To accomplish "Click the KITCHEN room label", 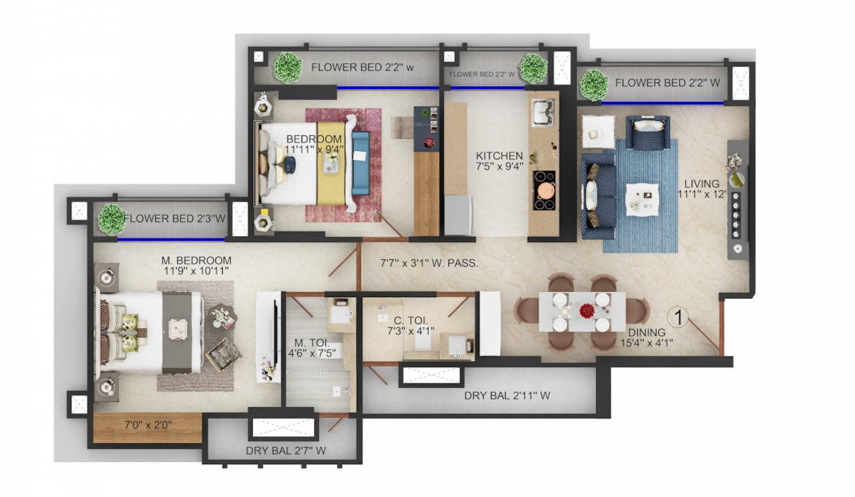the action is (x=499, y=156).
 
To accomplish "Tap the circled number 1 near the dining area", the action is (x=678, y=317).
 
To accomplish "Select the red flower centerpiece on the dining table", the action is (x=587, y=311).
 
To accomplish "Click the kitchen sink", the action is (x=543, y=112).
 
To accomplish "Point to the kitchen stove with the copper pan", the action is (x=544, y=190).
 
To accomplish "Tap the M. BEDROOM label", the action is (x=196, y=261).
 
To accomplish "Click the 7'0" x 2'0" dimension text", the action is (x=148, y=425).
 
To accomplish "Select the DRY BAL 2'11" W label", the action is (x=507, y=395).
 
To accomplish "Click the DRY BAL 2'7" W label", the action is (x=286, y=450).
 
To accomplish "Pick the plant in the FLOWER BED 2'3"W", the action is (x=112, y=219).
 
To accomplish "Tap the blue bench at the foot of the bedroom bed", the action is (x=361, y=163).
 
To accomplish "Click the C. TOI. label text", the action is (x=411, y=320).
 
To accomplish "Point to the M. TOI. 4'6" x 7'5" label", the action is (x=312, y=348).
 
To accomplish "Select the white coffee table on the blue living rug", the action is (x=642, y=200).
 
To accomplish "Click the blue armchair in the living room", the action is (x=647, y=132).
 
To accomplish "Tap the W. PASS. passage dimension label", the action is (x=429, y=263).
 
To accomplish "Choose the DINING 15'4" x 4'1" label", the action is (x=646, y=338).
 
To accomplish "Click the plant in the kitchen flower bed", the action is (x=533, y=69).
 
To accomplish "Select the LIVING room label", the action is (x=701, y=189).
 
